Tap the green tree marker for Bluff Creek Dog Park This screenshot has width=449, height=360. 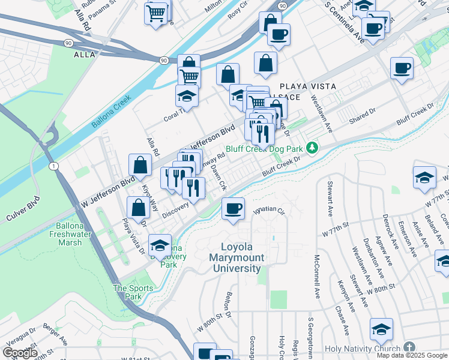(x=312, y=148)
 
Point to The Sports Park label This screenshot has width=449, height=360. (x=133, y=292)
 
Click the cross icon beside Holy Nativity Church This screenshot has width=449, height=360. (x=409, y=347)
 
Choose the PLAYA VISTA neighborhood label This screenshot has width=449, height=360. (x=299, y=86)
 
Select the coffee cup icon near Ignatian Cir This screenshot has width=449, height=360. (x=233, y=209)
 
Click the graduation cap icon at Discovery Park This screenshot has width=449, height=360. (x=160, y=245)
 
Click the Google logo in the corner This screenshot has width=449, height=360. (x=20, y=353)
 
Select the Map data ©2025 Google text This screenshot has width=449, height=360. (x=412, y=355)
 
